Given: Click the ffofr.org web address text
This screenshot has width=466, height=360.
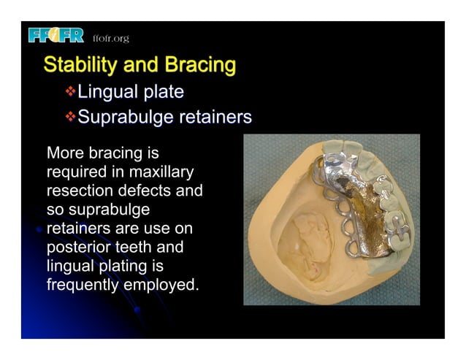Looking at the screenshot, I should click(x=110, y=38).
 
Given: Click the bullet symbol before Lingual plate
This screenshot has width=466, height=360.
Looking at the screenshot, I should click(x=70, y=92).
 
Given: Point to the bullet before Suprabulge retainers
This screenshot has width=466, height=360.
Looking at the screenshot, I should click(x=70, y=116).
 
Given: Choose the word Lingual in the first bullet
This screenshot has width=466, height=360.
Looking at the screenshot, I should click(x=107, y=92).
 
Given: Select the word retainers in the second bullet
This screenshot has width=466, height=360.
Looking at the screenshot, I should click(x=217, y=116).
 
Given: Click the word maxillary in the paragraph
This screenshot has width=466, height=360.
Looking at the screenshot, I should click(x=160, y=173).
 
